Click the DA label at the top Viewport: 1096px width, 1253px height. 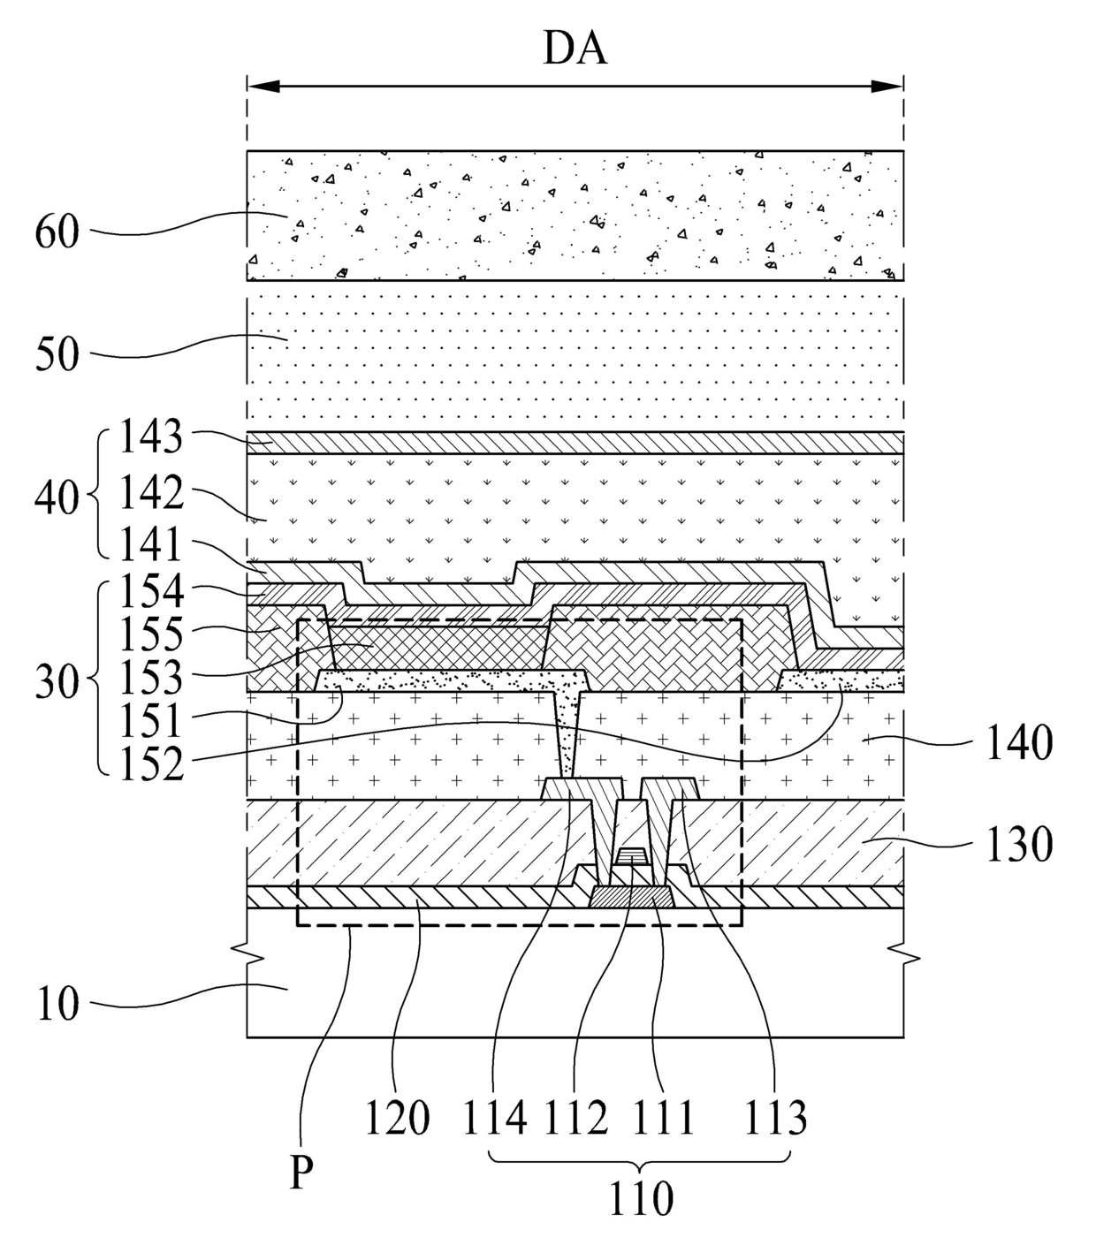(x=575, y=48)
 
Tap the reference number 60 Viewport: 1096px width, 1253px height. (x=57, y=233)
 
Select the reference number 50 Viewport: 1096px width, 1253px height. (x=57, y=355)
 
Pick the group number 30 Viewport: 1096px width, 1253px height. (x=57, y=683)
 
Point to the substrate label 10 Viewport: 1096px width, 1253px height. (x=57, y=1005)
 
